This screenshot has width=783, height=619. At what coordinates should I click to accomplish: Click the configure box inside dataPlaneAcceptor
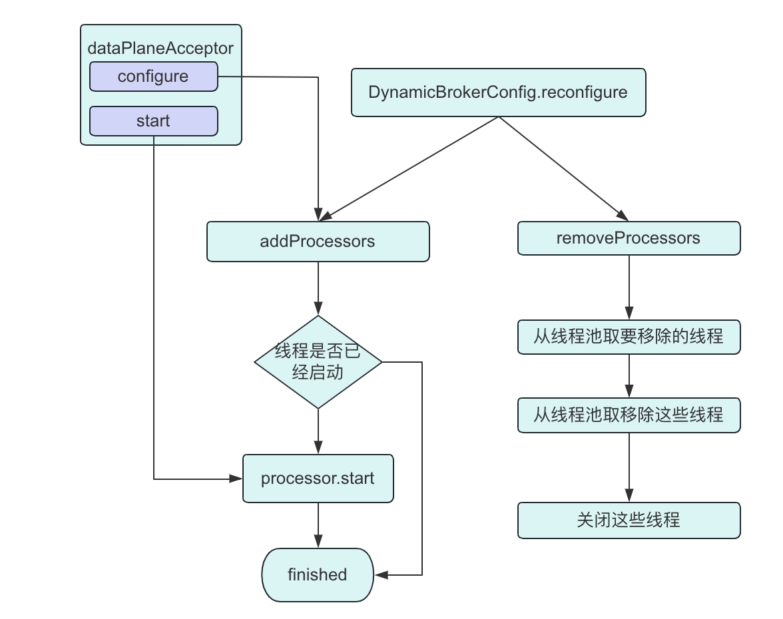coord(153,77)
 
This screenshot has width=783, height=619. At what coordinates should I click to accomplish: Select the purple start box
coord(153,121)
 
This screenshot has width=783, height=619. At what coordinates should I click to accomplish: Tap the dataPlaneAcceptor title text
coord(160,48)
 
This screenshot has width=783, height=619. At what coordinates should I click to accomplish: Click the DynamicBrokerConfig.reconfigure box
coord(498,93)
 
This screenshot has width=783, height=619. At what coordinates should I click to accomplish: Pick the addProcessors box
coord(318,241)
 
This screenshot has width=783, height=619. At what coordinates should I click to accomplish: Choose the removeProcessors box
coord(629,238)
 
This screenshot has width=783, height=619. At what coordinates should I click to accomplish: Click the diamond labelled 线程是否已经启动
coord(318,362)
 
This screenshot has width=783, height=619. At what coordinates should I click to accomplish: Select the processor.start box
coord(318,479)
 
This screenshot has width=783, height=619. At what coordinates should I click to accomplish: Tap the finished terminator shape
coord(317,574)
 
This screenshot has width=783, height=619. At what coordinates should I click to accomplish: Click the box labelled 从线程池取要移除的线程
coord(629,336)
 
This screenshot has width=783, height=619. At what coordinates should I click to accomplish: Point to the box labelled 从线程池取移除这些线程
coord(629,415)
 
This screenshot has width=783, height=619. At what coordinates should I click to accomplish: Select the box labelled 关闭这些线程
coord(629,520)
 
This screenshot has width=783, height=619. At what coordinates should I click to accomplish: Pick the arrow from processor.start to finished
coord(318,525)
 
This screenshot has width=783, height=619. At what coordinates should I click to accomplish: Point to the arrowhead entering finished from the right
coord(381,574)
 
